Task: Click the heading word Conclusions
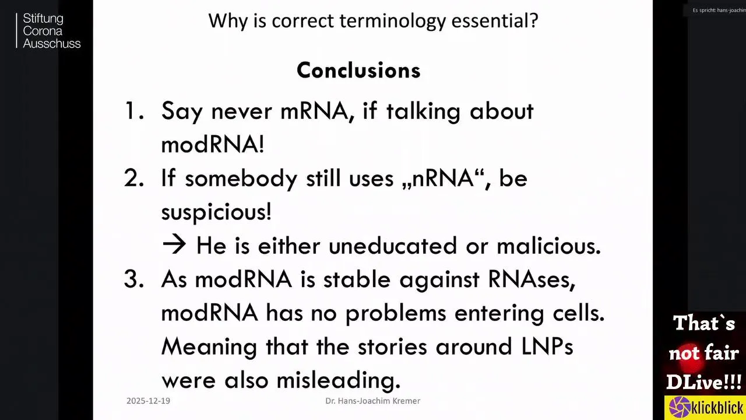click(x=358, y=71)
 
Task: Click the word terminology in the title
click(x=392, y=22)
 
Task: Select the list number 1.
click(x=134, y=111)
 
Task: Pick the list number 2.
click(x=134, y=178)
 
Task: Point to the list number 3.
click(x=134, y=279)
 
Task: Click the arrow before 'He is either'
click(x=174, y=244)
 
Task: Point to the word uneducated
click(x=393, y=246)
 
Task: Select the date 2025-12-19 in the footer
click(x=148, y=401)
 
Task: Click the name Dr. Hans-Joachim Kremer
click(x=372, y=401)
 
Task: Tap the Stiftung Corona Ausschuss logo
click(x=48, y=31)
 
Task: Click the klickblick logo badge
click(x=705, y=407)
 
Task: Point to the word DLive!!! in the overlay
click(x=704, y=381)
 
